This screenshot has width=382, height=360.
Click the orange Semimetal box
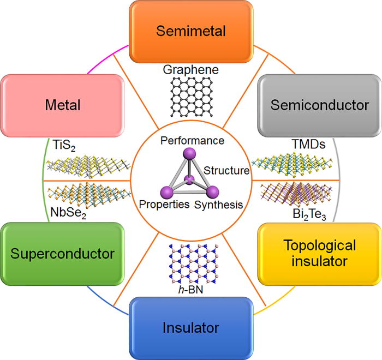(x=190, y=31)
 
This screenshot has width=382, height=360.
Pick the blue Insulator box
(x=190, y=328)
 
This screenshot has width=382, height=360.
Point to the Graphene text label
(x=190, y=70)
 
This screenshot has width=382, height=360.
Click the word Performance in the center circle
(x=193, y=141)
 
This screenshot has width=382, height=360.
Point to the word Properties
(x=164, y=205)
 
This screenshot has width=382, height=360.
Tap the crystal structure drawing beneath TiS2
(x=87, y=167)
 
